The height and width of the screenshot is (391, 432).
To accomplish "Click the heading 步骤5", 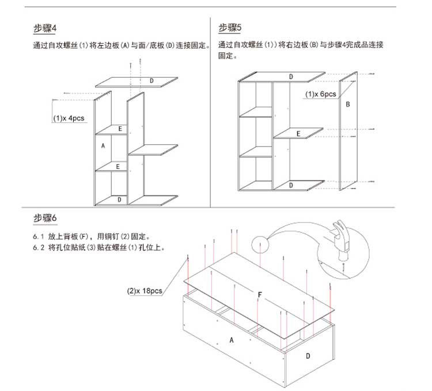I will point(230,28).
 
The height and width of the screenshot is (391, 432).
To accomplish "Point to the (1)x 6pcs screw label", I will point(320,94).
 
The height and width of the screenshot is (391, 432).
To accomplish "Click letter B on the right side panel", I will point(347,105).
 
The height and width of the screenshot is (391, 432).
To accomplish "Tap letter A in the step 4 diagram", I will point(103,146).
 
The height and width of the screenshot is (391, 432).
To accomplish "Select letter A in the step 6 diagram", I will point(232,340).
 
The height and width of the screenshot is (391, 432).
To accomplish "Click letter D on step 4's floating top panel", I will point(151,81).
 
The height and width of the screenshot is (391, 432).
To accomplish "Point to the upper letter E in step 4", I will point(120,129).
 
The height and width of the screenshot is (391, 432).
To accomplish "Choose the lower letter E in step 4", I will point(118,166).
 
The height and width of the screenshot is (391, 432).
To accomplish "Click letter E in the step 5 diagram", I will point(298,134).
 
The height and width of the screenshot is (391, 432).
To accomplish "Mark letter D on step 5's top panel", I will point(291,77).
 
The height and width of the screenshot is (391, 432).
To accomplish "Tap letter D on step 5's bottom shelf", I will point(291,185).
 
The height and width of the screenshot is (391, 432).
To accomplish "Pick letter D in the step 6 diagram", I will point(308,356).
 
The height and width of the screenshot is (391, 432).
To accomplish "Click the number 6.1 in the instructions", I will point(37,236).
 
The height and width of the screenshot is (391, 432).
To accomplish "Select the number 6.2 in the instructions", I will point(37,247).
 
